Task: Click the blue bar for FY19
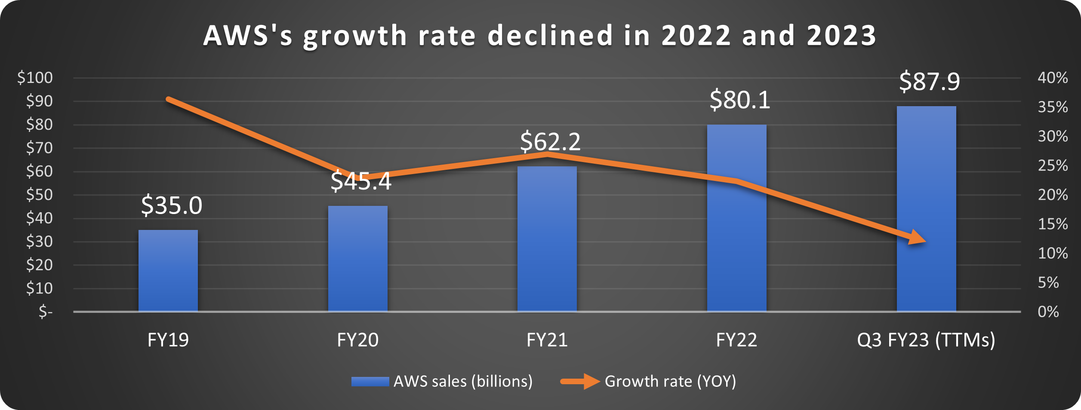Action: coord(168,271)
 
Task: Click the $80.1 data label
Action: coord(739,100)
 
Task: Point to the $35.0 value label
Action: coord(171,205)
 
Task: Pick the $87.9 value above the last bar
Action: coord(929,81)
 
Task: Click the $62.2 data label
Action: coord(550,141)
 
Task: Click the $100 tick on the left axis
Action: coord(35,78)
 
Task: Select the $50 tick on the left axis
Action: coord(39,195)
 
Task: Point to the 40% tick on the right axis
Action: coord(1052,78)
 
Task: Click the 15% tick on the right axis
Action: coord(1052,224)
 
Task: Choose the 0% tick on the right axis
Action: coord(1048,312)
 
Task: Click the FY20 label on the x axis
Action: coord(357,340)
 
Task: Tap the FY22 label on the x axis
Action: coord(736,340)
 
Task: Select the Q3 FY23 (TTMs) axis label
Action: coord(926,340)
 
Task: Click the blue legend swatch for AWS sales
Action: coord(370,381)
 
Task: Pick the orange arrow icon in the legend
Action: coord(580,381)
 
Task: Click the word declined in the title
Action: coord(550,35)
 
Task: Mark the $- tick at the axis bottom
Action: coord(45,311)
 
